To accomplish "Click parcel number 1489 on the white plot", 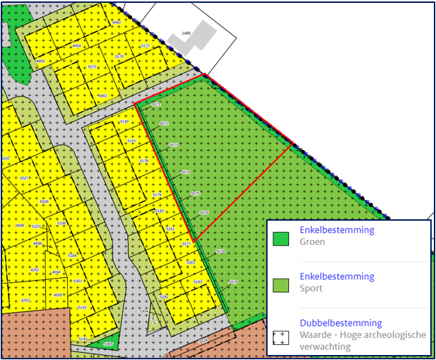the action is coord(187,34).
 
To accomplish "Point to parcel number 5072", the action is coord(91,67).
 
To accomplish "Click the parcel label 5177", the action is coord(146,46).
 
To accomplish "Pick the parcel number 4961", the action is coord(103,96).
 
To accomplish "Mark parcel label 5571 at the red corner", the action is coord(156,105).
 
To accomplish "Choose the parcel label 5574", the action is coord(186,172).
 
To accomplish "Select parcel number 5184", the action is coord(72,255).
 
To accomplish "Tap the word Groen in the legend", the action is coord(312,242).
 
